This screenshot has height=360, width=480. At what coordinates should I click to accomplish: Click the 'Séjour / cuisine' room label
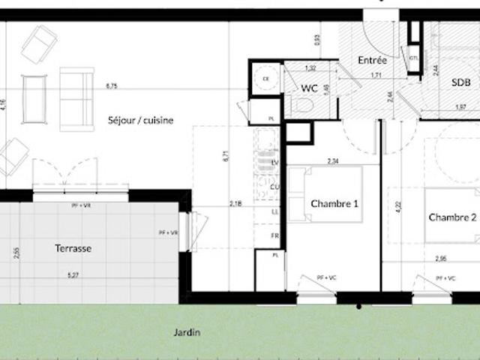click(141, 120)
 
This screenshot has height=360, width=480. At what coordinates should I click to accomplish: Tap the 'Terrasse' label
click(73, 247)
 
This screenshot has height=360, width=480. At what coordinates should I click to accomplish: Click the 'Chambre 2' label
click(452, 217)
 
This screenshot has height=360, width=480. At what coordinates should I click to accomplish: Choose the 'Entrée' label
click(372, 60)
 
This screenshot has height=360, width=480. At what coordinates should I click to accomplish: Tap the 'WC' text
click(309, 88)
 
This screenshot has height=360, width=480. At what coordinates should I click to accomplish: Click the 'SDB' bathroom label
click(461, 83)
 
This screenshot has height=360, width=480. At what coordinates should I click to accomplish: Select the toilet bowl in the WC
click(303, 105)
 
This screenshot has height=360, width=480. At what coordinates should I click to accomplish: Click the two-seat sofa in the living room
click(76, 98)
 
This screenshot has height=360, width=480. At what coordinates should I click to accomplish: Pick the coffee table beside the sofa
click(34, 98)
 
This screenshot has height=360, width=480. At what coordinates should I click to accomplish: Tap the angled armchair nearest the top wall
click(39, 44)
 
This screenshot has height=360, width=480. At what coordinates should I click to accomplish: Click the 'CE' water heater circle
click(265, 77)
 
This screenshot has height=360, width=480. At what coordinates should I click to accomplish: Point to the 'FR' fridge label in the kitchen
click(275, 235)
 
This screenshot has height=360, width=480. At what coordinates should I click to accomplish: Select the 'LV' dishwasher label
click(275, 163)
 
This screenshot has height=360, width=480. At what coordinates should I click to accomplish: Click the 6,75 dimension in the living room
click(112, 86)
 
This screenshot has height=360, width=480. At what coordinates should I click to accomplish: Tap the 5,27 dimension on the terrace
click(73, 275)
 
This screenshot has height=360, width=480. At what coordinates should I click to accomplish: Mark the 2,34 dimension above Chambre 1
click(333, 160)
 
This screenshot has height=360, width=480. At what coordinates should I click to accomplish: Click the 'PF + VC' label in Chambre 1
click(326, 277)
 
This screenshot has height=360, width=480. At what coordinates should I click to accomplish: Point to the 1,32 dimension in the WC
click(310, 68)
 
